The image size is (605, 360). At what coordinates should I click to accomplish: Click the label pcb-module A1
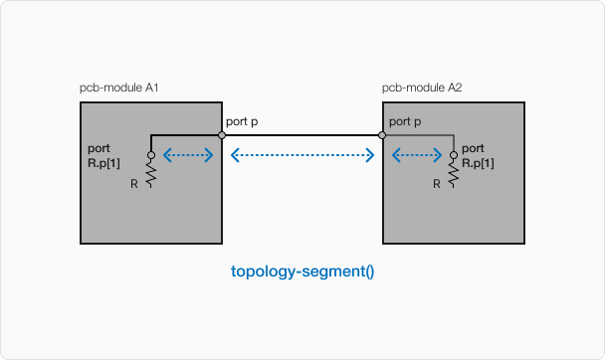[119, 89]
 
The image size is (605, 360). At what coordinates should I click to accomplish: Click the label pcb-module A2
[422, 89]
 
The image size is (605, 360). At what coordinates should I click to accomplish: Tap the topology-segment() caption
[302, 270]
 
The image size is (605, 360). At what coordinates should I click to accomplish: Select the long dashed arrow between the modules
[302, 155]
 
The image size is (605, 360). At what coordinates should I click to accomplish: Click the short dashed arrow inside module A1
[188, 155]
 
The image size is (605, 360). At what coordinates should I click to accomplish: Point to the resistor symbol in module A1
[151, 174]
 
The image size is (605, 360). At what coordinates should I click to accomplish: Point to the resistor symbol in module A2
[454, 174]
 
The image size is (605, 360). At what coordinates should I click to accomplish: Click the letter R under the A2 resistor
[437, 184]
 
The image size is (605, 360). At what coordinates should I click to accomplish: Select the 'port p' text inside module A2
[404, 121]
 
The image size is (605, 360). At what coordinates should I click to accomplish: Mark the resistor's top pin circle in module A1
[151, 155]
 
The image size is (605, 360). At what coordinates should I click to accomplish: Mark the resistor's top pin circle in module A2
[454, 155]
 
